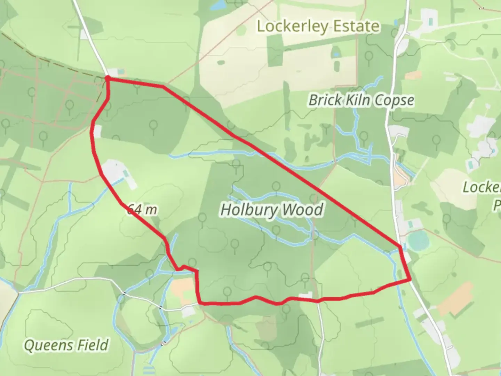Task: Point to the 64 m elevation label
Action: pyautogui.click(x=142, y=210)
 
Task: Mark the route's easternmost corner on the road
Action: pyautogui.click(x=410, y=279)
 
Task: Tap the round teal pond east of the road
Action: pyautogui.click(x=418, y=241)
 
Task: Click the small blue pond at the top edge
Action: pyautogui.click(x=218, y=5)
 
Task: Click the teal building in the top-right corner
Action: pyautogui.click(x=431, y=22)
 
